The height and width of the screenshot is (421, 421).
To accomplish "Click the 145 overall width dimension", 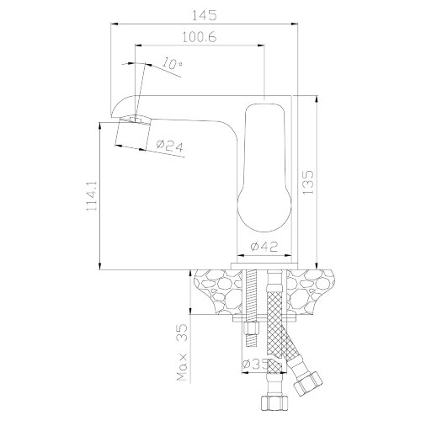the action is [204, 15].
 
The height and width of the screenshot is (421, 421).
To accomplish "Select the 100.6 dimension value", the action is [200, 37].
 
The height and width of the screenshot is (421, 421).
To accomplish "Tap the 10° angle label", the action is [172, 64].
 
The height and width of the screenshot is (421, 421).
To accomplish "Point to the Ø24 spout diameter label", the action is [170, 146].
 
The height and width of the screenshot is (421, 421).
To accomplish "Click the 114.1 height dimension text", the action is [92, 195].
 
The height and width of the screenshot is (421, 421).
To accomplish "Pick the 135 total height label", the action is [308, 182].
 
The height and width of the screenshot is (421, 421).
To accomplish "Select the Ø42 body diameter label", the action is [264, 247].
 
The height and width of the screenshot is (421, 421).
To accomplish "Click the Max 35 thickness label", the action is [182, 353].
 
